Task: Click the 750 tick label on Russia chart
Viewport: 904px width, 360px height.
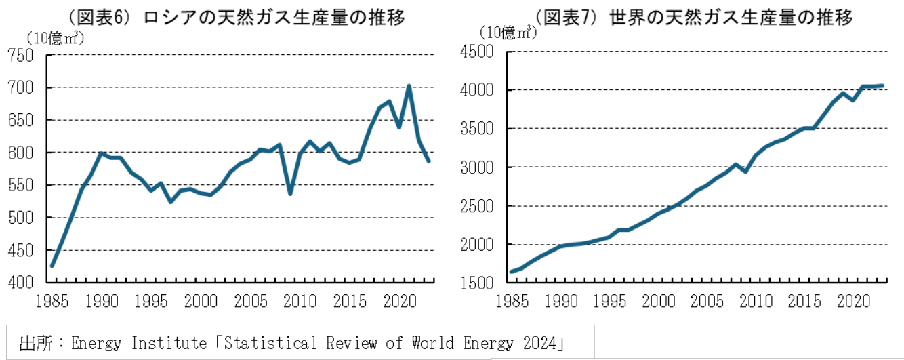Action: [x=20, y=56]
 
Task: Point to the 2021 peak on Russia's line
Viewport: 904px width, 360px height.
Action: [x=409, y=86]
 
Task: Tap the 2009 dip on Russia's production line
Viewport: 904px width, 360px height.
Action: [x=290, y=194]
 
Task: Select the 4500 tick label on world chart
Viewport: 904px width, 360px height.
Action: [x=476, y=52]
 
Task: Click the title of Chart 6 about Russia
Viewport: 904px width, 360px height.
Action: [x=237, y=18]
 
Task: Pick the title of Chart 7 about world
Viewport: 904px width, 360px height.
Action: [x=694, y=18]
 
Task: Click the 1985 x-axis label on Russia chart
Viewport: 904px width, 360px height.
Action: [x=52, y=302]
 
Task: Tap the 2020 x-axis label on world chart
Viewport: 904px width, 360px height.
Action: [x=853, y=302]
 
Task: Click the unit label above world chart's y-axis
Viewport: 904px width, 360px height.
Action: [x=508, y=33]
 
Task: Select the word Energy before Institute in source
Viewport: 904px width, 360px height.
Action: [x=96, y=344]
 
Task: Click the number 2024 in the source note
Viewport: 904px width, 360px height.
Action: [x=539, y=344]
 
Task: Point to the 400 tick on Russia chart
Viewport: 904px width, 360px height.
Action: [x=20, y=283]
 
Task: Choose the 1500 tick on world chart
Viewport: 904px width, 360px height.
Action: [x=476, y=283]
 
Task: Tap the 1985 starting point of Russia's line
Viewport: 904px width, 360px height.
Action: [x=52, y=266]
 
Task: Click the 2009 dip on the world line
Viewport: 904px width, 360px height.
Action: [x=745, y=172]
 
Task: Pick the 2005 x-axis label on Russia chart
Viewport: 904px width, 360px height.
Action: [x=250, y=302]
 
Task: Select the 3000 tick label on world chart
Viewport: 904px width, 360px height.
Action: [x=476, y=167]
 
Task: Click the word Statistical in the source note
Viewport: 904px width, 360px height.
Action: [x=270, y=344]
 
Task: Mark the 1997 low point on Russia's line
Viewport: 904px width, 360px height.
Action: [x=171, y=201]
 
